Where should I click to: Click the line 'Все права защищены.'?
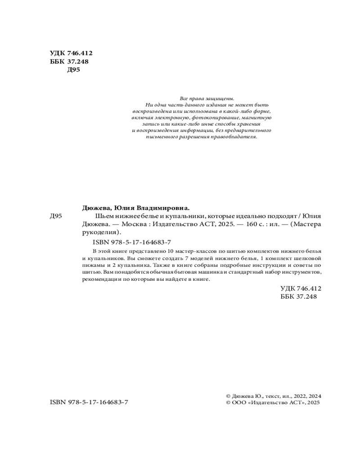[207, 98]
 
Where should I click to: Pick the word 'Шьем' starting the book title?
[99, 216]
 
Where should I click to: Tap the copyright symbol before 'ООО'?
[228, 404]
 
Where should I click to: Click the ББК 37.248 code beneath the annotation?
[299, 297]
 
